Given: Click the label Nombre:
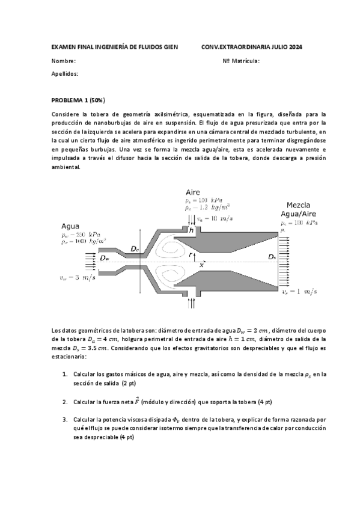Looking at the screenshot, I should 63,61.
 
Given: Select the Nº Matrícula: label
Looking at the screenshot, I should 241,61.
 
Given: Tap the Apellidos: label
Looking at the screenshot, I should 65,73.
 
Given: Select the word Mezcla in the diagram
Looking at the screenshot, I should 300,204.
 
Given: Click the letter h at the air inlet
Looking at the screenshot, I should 192,230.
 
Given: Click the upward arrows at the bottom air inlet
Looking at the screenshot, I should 192,303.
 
